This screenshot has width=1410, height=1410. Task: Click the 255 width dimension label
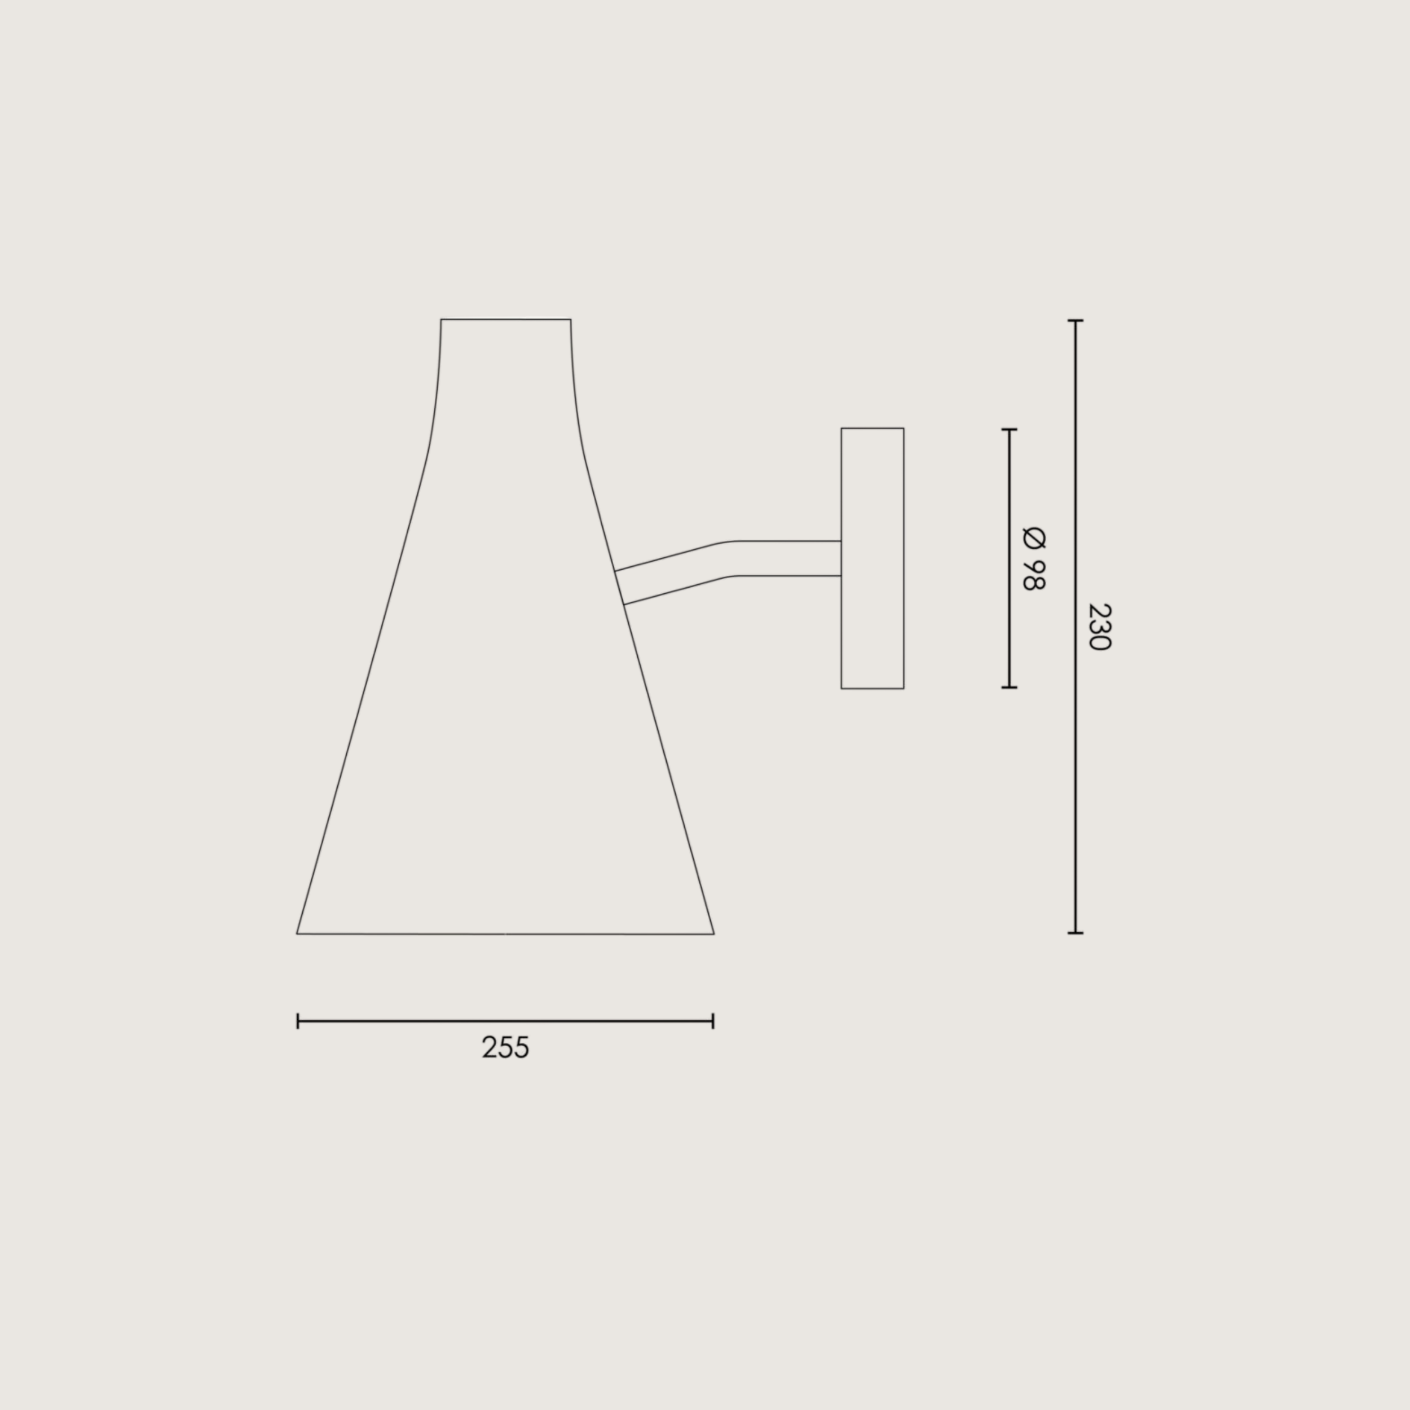coord(505,1048)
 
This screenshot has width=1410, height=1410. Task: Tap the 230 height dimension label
coord(1098,627)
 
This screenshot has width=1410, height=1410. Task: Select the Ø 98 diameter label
coord(1033,558)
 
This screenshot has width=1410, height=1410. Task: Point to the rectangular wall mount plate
coord(872,558)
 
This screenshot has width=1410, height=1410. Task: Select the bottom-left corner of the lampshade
coord(297,933)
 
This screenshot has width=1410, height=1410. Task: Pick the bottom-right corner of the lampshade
coord(714,933)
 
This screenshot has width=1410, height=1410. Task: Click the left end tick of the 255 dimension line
coord(298,1021)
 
